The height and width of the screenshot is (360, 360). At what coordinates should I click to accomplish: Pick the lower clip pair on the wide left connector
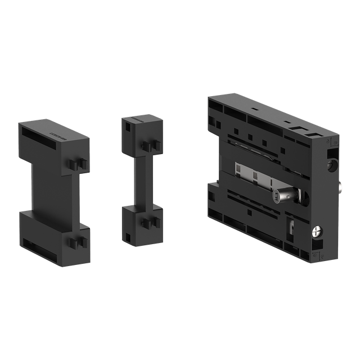pos(76,242)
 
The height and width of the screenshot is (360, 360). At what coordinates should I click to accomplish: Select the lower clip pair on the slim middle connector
pos(150,226)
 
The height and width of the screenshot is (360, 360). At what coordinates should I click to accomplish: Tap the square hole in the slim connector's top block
pos(128,128)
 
